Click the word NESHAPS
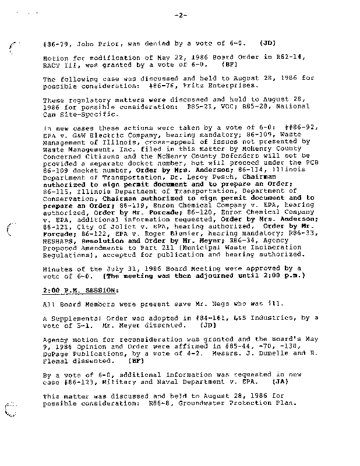point(59,240)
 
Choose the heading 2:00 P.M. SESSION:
point(80,290)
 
